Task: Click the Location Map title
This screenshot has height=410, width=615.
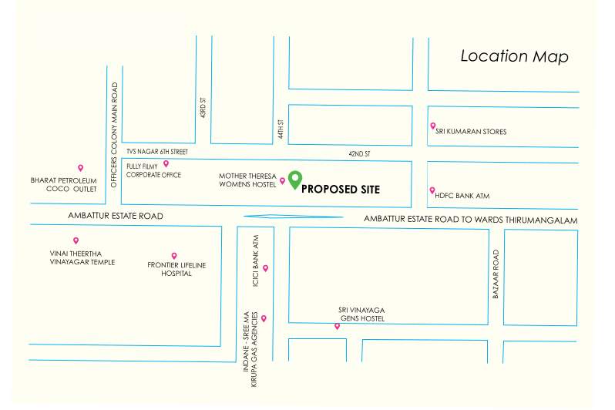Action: click(514, 56)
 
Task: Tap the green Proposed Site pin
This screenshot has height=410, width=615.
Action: click(294, 178)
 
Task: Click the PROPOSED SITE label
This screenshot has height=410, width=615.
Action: click(340, 189)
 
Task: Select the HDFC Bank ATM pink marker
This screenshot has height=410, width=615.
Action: click(432, 190)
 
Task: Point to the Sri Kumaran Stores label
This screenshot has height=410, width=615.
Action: click(471, 132)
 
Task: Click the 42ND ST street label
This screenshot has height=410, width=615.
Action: click(359, 154)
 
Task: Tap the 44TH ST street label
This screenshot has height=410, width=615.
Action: click(282, 129)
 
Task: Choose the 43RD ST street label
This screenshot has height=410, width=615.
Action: click(203, 107)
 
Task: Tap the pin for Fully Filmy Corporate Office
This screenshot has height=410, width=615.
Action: click(166, 163)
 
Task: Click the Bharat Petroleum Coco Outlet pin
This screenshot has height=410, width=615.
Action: click(80, 168)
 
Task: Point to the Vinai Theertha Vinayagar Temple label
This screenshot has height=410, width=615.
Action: click(81, 257)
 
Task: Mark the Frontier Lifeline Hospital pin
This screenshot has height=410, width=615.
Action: click(174, 256)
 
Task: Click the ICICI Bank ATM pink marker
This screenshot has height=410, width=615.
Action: click(265, 268)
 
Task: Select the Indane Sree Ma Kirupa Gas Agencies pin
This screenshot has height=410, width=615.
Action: click(264, 318)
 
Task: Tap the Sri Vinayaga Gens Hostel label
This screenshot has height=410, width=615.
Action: click(361, 314)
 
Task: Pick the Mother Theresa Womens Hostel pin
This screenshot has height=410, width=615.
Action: click(282, 181)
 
